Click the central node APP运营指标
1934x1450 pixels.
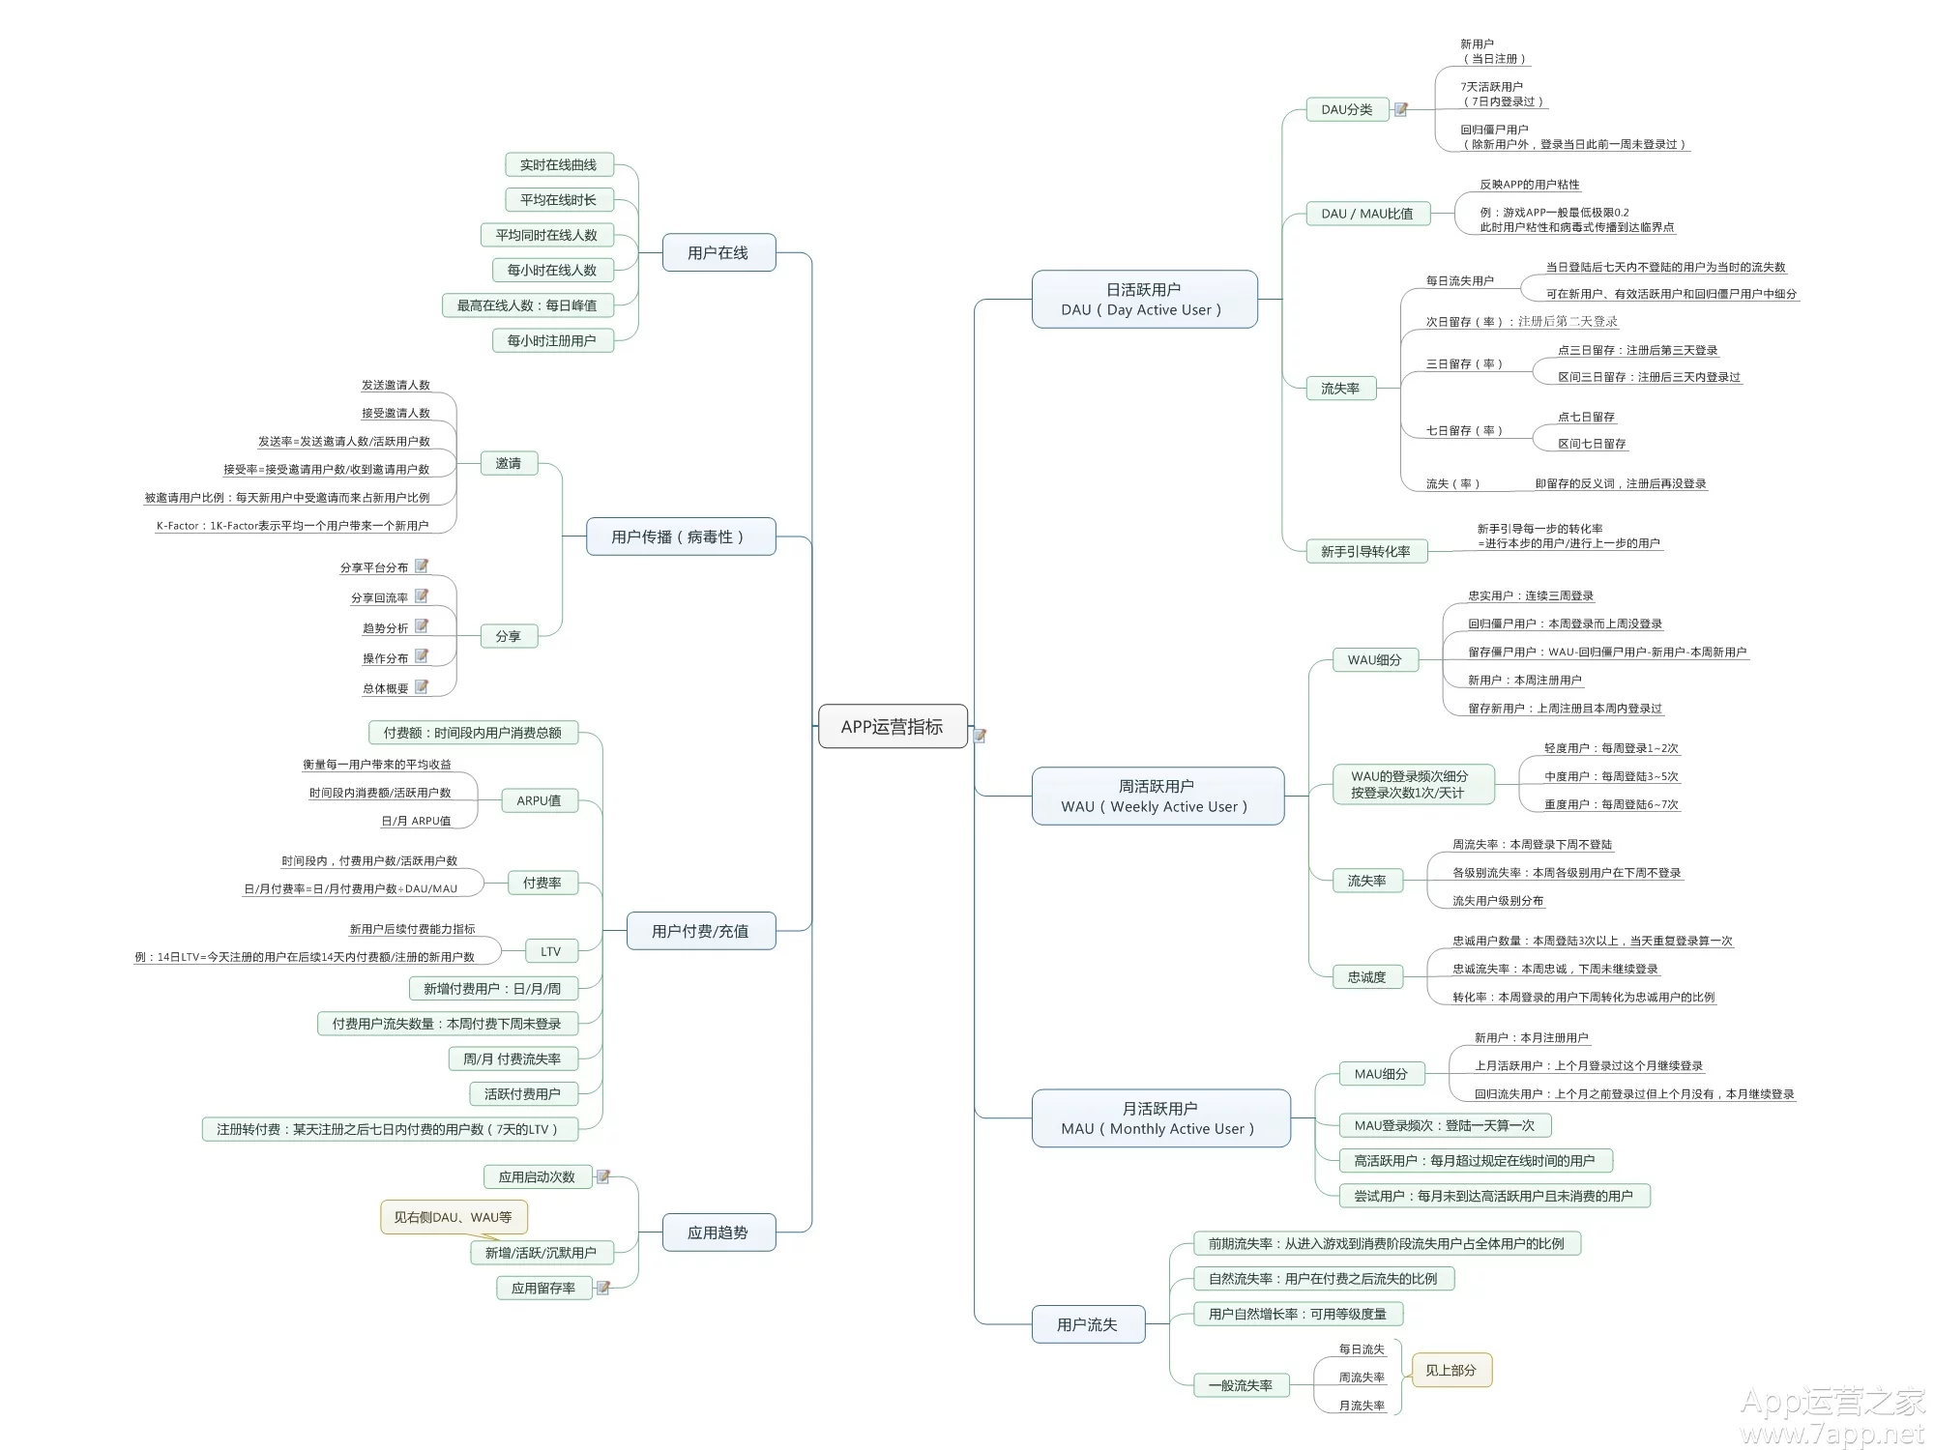click(892, 726)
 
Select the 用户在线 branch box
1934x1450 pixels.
click(718, 252)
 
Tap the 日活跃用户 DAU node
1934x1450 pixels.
click(1143, 300)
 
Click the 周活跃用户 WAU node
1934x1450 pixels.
click(1157, 796)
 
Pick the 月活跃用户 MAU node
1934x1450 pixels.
click(1159, 1118)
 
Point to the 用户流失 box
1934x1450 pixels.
click(1087, 1324)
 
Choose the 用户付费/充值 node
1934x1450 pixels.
click(700, 931)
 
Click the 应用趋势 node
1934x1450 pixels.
click(718, 1232)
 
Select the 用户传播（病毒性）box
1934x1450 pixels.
click(680, 536)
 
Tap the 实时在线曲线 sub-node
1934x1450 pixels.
click(558, 165)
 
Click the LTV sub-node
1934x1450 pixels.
click(551, 951)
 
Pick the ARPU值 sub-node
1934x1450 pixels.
click(539, 800)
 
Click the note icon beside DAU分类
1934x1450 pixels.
click(1400, 109)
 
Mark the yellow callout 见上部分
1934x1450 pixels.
click(1450, 1370)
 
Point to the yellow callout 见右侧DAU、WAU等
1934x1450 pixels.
click(453, 1217)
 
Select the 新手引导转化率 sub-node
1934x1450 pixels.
click(1364, 551)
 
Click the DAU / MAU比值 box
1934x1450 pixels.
click(1366, 214)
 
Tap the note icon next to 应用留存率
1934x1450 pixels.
click(603, 1288)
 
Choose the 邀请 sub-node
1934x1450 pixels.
click(509, 463)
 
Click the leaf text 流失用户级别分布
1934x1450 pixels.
click(1498, 901)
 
